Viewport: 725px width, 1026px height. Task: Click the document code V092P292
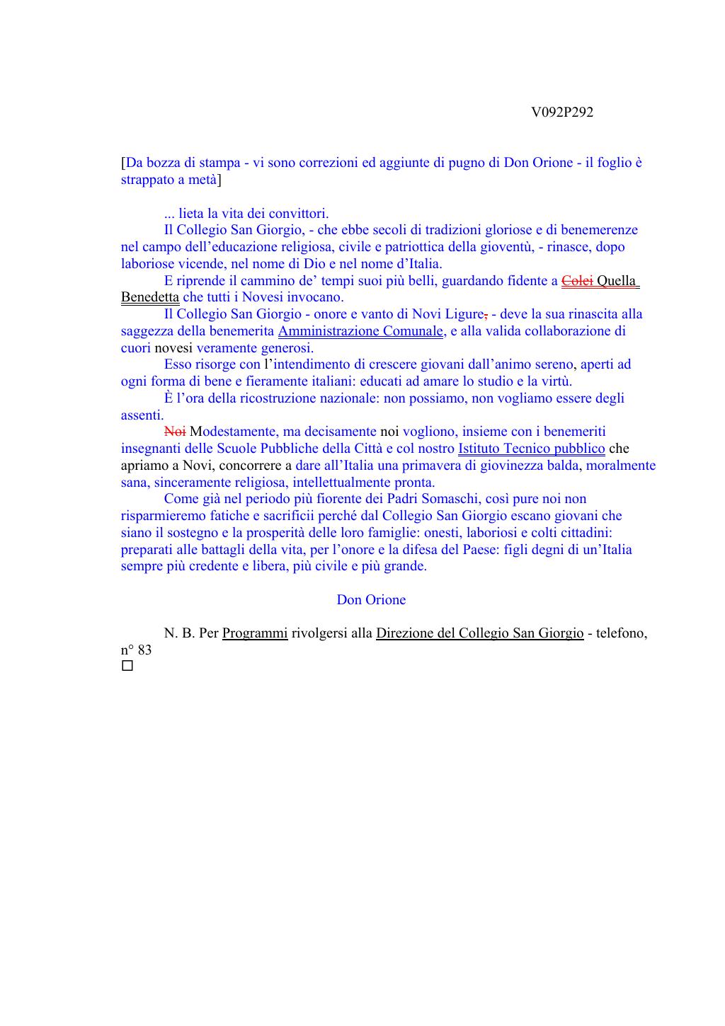pos(561,113)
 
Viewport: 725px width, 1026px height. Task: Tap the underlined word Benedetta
pos(149,297)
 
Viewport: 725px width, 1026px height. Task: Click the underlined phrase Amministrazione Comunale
pos(361,331)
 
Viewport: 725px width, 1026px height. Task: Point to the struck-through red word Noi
pos(175,432)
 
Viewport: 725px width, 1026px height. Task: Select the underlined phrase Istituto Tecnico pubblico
pos(531,449)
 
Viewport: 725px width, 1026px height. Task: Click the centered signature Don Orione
pos(371,600)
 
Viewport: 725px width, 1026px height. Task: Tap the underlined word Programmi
pos(255,633)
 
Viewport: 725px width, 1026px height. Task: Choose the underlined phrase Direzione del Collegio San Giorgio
pos(479,633)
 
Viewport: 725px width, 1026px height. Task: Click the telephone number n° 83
pos(136,650)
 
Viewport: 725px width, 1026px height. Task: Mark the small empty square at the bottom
pos(127,667)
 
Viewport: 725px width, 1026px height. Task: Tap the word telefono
pos(621,633)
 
